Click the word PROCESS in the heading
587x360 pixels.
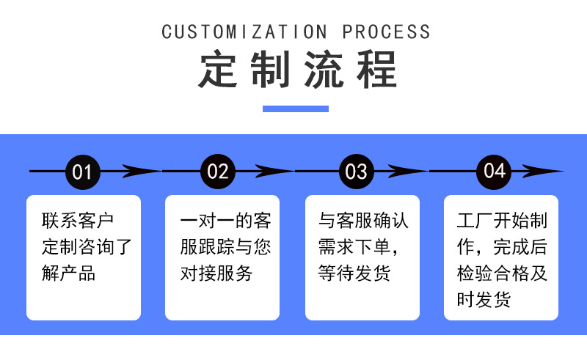387,32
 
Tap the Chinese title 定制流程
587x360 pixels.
296,70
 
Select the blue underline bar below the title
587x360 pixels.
296,109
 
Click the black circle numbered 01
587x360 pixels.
82,172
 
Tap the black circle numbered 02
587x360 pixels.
218,172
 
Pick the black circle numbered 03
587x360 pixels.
356,172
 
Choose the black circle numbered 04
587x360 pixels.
495,172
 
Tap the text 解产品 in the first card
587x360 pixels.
69,273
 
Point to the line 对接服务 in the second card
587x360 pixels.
216,273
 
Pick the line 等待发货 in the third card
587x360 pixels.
354,273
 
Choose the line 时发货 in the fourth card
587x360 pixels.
484,300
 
